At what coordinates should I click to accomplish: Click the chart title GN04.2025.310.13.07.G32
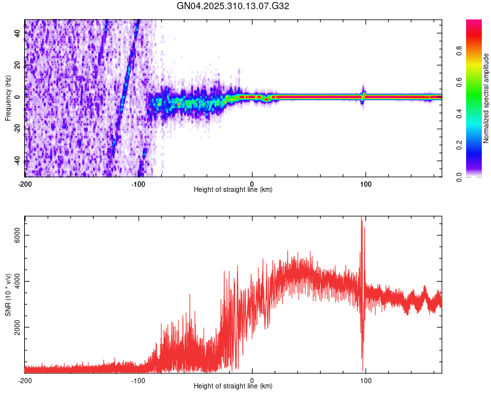tap(234, 6)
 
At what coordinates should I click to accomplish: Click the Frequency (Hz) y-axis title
tap(8, 98)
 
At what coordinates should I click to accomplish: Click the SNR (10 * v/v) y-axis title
tap(8, 294)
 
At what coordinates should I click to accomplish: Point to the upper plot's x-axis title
tap(233, 189)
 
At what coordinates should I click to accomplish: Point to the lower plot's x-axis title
tap(233, 386)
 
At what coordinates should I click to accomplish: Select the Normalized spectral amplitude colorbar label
tap(486, 98)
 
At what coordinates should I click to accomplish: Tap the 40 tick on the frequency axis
tap(18, 34)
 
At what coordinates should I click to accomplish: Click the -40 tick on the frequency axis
tap(16, 160)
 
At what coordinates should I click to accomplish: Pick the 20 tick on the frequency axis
tap(18, 65)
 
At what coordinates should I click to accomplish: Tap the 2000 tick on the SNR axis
tap(14, 327)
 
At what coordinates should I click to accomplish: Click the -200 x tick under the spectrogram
tap(25, 183)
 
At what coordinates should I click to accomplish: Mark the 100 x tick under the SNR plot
tap(367, 379)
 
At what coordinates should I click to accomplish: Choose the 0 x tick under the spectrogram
tap(253, 183)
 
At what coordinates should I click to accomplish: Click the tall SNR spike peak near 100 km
tap(361, 218)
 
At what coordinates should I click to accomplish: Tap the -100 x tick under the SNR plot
tap(137, 379)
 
